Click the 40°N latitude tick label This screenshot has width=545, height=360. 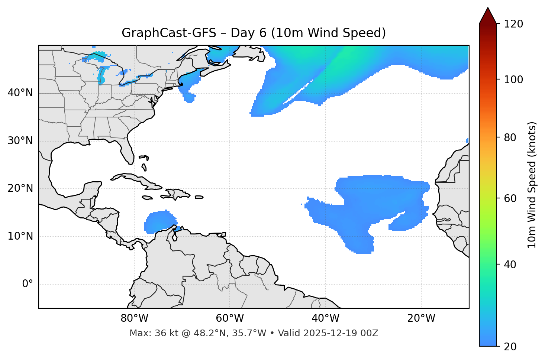[x=20, y=93]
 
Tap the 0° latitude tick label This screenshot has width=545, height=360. [x=28, y=284]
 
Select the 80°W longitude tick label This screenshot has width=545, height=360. [x=134, y=318]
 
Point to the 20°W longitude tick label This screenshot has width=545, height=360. [x=421, y=318]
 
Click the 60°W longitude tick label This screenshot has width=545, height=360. [x=230, y=318]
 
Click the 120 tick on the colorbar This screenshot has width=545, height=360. [x=513, y=24]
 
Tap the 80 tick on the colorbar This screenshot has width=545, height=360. [x=511, y=137]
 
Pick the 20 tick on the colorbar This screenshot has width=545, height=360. [x=510, y=347]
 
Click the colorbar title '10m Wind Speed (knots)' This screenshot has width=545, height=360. [x=532, y=185]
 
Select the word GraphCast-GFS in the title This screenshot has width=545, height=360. [x=169, y=33]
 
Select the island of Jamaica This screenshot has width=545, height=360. [x=147, y=198]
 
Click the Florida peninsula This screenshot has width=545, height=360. [x=128, y=152]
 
